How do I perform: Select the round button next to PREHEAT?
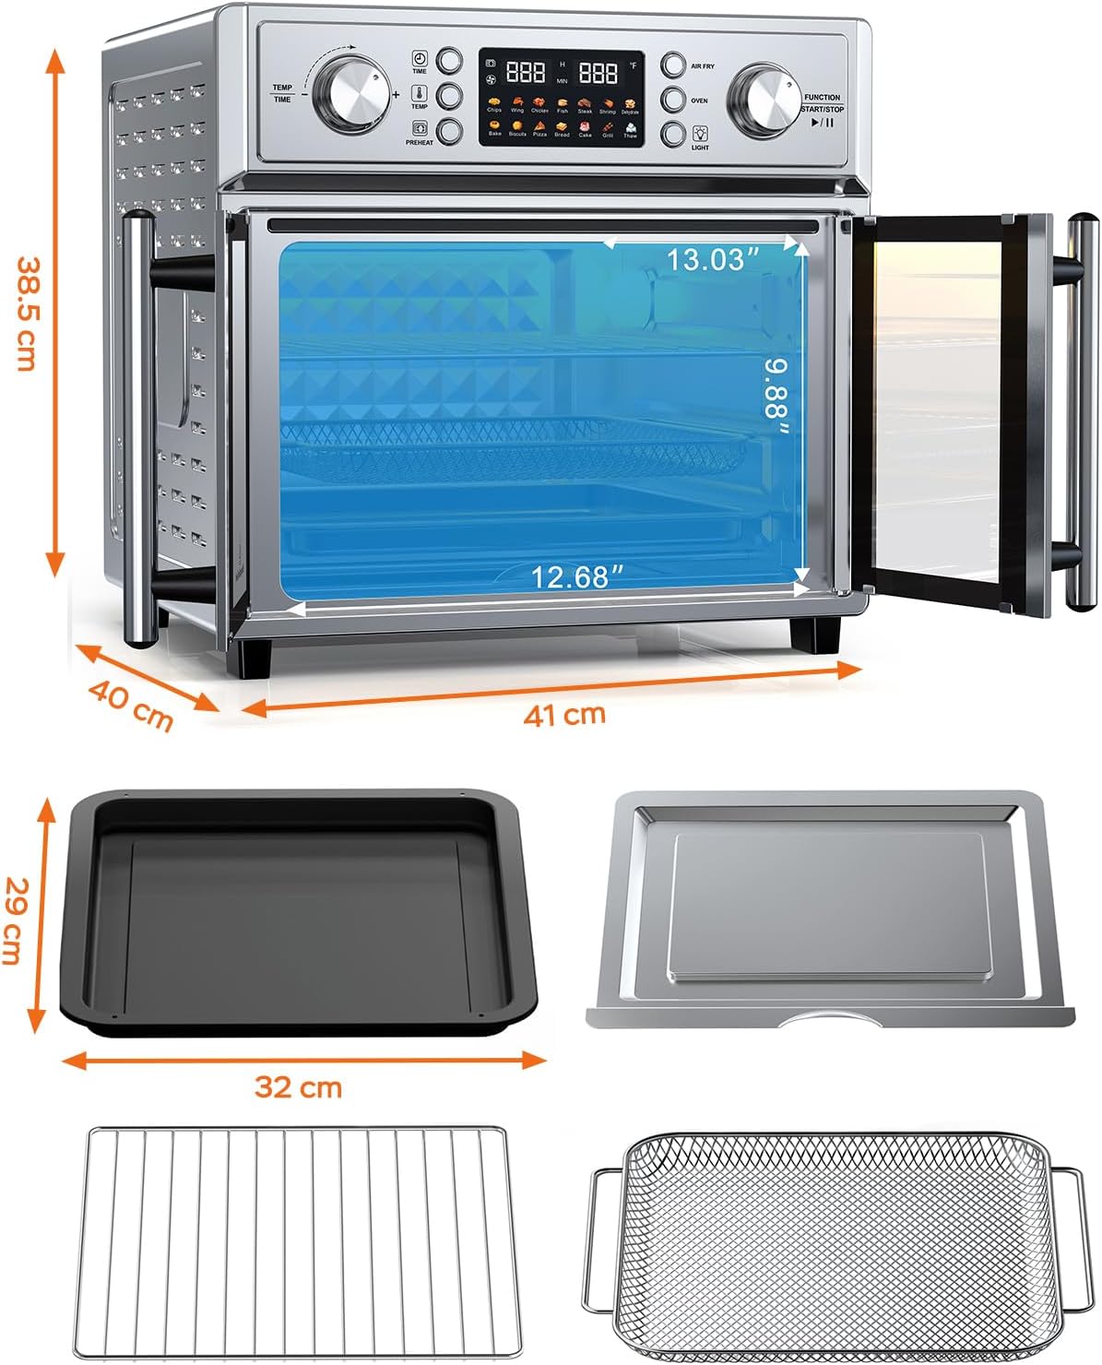coord(449,131)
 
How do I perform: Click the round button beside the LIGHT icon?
coord(674,134)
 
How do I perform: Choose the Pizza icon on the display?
coord(539,126)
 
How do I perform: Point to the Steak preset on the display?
coord(585,103)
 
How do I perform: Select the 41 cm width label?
coord(564,714)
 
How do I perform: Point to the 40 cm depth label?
coord(132,705)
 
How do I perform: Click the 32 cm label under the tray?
coord(298,1087)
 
